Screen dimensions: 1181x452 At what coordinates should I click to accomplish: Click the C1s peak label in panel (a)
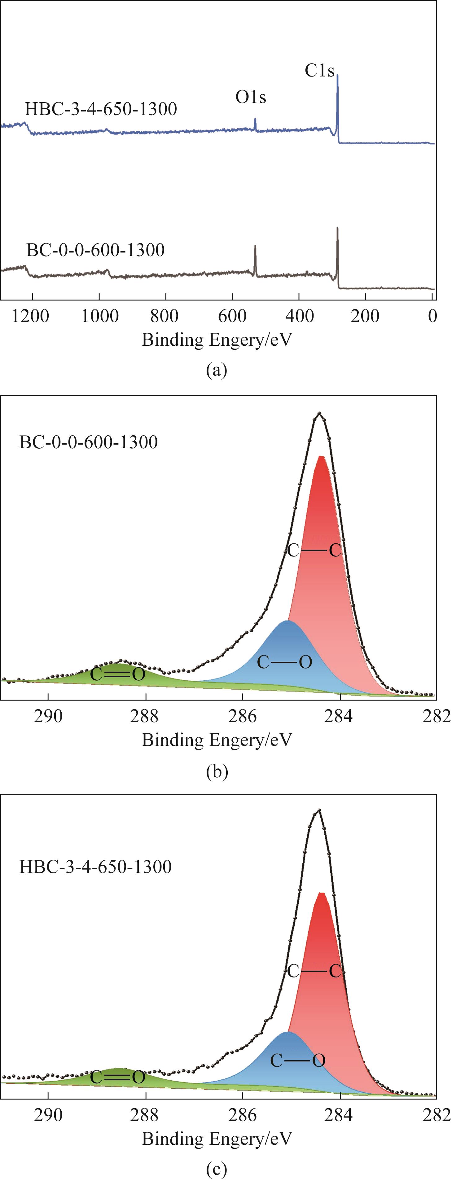point(319,71)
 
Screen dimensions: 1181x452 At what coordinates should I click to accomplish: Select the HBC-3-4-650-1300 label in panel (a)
point(101,109)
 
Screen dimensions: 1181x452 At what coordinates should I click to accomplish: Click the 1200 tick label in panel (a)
point(31,316)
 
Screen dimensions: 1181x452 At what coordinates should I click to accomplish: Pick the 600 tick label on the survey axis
point(231,316)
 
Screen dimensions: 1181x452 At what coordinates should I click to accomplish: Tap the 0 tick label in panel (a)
point(432,316)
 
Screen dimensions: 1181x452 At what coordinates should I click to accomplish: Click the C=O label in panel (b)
point(118,674)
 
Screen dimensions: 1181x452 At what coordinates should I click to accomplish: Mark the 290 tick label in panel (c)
point(48,1114)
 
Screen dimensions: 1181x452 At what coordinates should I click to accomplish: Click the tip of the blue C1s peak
point(337,76)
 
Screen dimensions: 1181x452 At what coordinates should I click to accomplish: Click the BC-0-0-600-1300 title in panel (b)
point(89,442)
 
